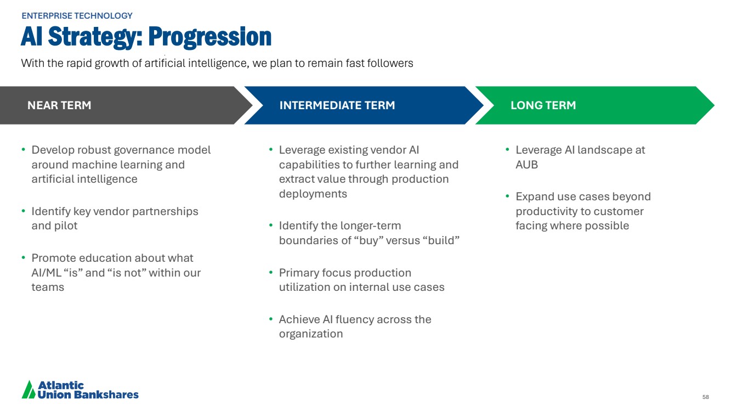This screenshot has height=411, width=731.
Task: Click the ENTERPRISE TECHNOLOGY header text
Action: point(77,16)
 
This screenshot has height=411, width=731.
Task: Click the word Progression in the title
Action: point(210,37)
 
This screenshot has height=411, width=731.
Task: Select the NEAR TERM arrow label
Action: point(59,105)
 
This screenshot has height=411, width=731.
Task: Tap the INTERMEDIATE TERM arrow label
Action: point(337,105)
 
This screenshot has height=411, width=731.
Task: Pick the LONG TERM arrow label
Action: point(543,105)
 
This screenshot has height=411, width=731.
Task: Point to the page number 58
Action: point(706,397)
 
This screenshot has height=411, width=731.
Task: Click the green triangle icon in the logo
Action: point(29,389)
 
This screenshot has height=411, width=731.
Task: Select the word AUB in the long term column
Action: point(526,165)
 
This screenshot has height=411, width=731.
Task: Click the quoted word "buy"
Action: point(368,240)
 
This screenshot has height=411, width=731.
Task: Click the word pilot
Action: point(66,226)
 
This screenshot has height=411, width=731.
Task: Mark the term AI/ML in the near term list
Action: point(46,273)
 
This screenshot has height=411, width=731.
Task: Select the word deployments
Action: point(313,194)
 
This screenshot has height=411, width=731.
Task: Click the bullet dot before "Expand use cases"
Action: point(507,196)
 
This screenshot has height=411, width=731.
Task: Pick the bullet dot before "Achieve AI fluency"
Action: point(270,319)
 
